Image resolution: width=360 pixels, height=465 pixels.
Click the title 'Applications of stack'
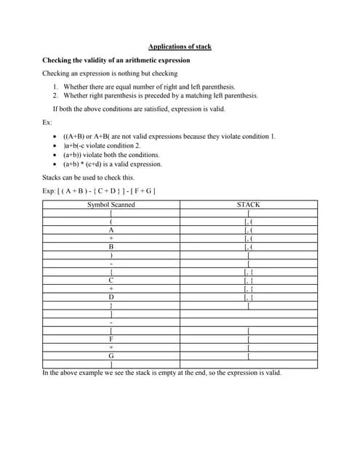[180, 46]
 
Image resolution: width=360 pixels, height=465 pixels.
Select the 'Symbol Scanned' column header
[111, 205]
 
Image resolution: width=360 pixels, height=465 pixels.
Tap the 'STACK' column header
[249, 205]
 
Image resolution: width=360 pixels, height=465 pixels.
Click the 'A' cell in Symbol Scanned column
[111, 230]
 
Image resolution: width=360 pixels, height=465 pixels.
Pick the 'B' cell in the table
[111, 246]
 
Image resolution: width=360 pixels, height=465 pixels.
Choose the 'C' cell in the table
[111, 280]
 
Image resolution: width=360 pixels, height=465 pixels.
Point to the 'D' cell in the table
[111, 296]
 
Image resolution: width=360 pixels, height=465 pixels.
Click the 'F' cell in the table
[111, 339]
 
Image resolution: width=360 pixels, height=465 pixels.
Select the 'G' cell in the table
[111, 355]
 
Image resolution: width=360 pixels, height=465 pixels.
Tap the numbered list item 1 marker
[55, 86]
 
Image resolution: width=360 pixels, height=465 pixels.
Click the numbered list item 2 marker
[55, 95]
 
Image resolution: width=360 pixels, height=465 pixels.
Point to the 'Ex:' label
[47, 122]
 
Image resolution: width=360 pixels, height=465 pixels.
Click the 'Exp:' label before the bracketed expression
[49, 190]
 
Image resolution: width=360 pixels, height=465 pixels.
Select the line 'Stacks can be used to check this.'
[88, 177]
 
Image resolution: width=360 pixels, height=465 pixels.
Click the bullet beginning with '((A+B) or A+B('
[169, 137]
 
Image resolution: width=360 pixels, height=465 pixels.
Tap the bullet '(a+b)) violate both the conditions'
[111, 155]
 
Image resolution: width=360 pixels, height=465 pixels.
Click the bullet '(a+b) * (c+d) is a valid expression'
[113, 163]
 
